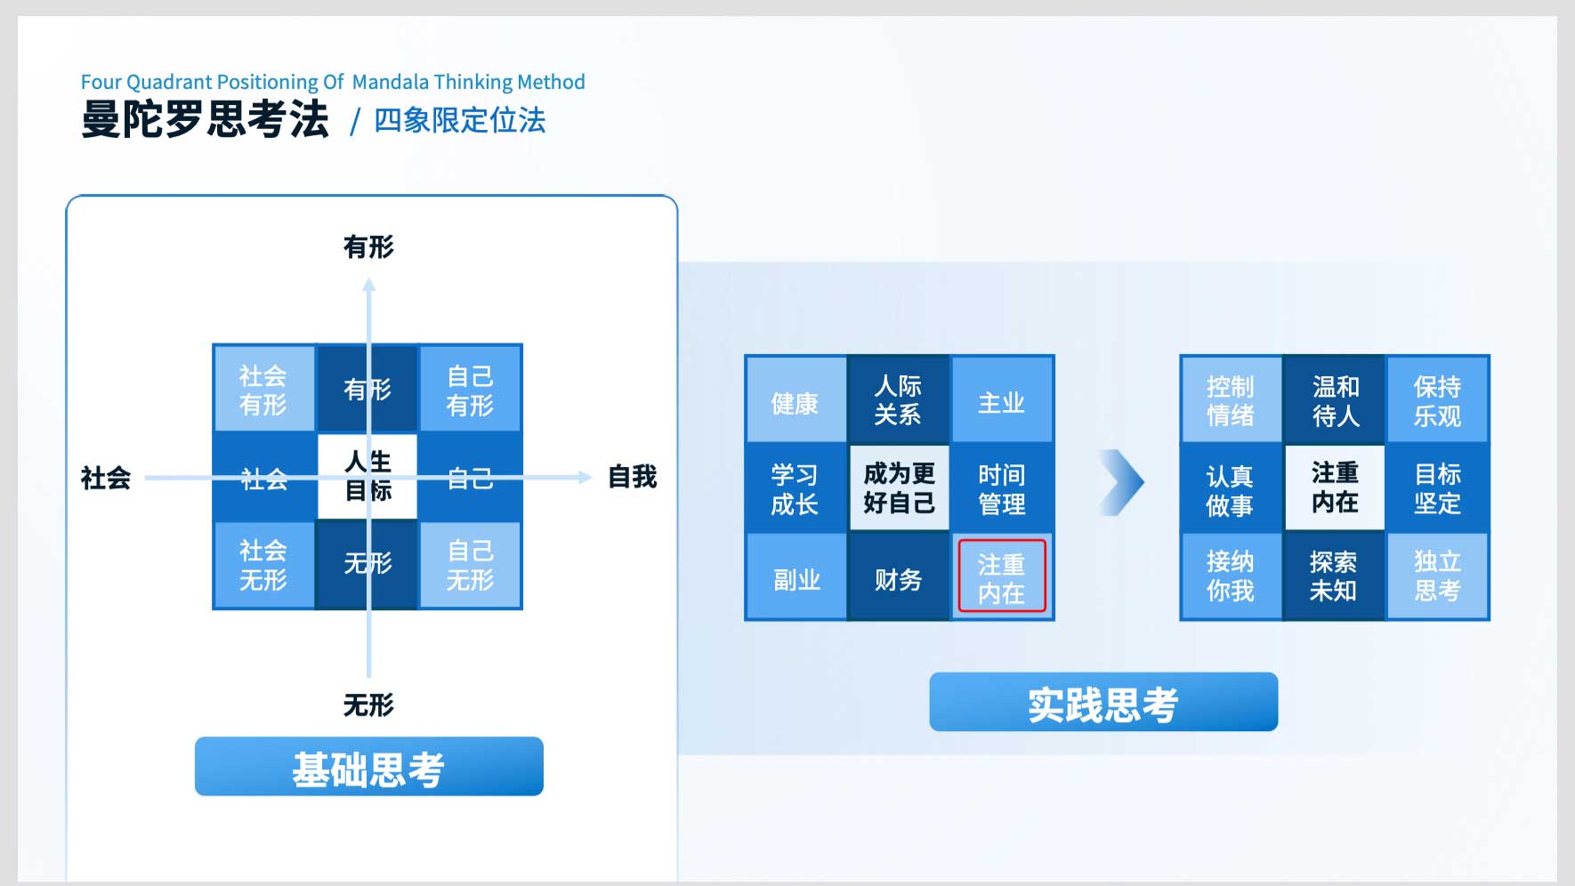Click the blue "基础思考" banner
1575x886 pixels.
click(x=368, y=766)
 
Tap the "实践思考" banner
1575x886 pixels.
click(x=1103, y=702)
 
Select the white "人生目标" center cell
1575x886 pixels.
click(x=367, y=476)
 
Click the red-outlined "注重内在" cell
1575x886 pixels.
click(x=1002, y=576)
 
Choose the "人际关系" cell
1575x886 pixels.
click(x=899, y=399)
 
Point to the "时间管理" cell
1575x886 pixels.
click(x=1002, y=488)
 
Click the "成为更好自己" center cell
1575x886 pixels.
click(x=899, y=488)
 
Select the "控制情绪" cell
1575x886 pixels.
click(x=1231, y=399)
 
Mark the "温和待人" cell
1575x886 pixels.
click(x=1335, y=399)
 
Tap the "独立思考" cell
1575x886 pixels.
click(x=1438, y=576)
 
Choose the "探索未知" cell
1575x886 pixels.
click(x=1335, y=576)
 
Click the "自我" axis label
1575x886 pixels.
click(x=633, y=477)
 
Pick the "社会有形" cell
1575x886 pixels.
click(x=263, y=389)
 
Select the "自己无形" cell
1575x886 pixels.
click(x=470, y=564)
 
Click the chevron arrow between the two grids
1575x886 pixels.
click(x=1122, y=483)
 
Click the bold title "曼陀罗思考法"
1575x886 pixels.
click(x=205, y=119)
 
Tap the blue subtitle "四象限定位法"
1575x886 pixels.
click(x=460, y=120)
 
